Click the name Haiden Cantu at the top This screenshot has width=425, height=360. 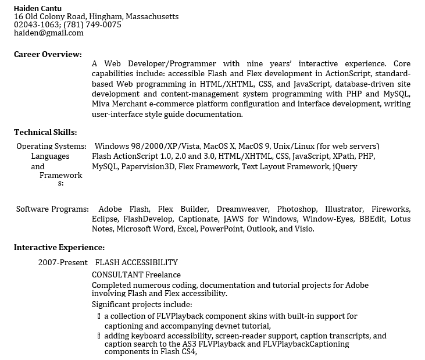coord(38,8)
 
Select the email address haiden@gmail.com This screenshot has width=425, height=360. coord(49,33)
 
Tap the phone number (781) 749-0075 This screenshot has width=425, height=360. coord(93,25)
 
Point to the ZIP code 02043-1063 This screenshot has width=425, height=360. coord(34,25)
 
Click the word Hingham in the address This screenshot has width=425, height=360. coord(105,16)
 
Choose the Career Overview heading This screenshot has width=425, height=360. coord(48,54)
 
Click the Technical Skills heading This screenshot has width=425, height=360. coord(45,133)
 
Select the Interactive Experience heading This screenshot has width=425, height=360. coord(59,247)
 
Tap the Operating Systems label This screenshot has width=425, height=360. coord(51,146)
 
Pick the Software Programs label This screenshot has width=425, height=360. coord(52,209)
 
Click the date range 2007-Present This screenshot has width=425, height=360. coord(63,262)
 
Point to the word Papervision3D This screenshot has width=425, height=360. coord(148,167)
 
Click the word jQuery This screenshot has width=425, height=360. coord(345,167)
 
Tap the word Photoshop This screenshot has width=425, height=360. coord(297,209)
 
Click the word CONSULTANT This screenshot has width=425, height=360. coord(117,275)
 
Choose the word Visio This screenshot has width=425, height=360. coord(304,229)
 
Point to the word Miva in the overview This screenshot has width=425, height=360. coord(101,104)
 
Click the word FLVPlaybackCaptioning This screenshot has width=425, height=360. coord(306,344)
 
